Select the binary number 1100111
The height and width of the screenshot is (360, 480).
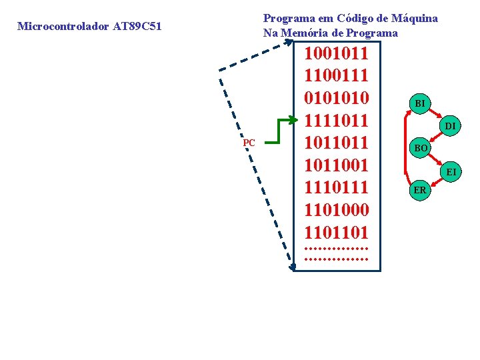[336, 76]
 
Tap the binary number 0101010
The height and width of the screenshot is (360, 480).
[336, 99]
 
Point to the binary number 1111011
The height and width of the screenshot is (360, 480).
[336, 121]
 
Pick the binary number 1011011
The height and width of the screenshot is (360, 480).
[336, 143]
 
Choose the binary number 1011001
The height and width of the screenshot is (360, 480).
[336, 166]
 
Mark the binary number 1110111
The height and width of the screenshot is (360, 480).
[336, 188]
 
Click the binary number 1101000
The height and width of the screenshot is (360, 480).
[336, 211]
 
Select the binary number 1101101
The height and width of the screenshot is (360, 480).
[336, 233]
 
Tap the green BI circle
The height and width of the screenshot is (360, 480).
[420, 103]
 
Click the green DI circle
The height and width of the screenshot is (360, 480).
[451, 126]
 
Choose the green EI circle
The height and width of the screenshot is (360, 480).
[451, 172]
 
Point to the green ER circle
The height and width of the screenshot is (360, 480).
[420, 190]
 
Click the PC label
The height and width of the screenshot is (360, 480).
[249, 143]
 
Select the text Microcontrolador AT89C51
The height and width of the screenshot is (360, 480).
[89, 27]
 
